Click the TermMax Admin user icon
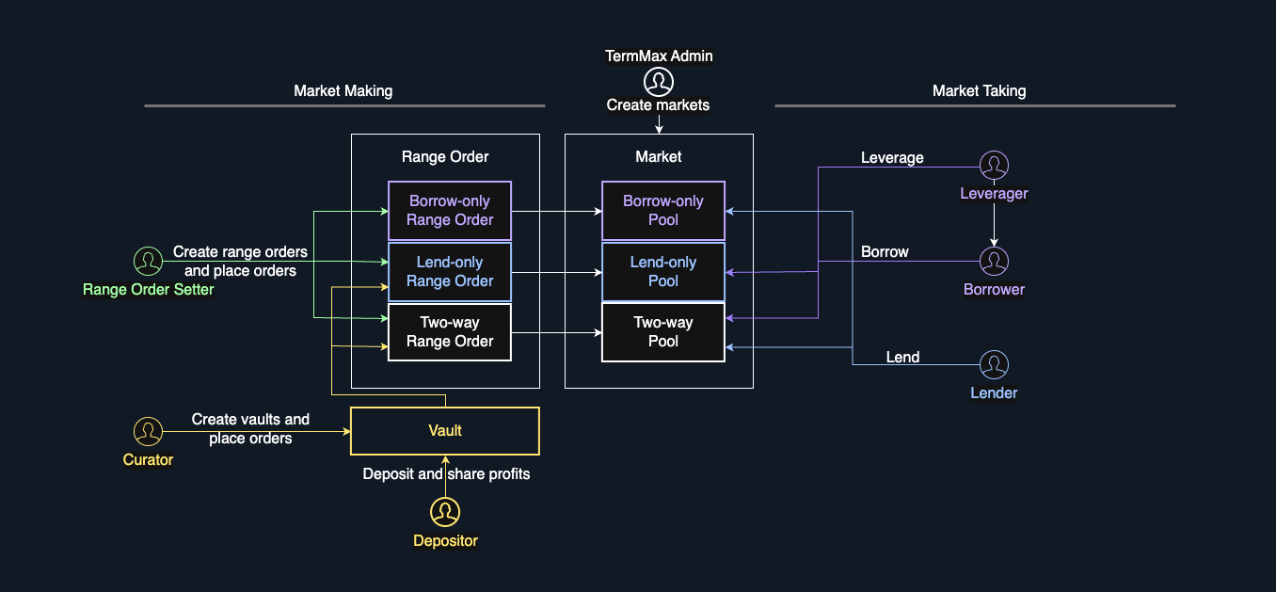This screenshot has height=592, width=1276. tap(659, 81)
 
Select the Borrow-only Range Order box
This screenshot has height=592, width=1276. tap(450, 211)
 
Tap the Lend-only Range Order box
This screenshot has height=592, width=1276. tap(450, 272)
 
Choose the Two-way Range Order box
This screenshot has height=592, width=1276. tap(450, 332)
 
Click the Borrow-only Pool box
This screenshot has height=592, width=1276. tap(663, 211)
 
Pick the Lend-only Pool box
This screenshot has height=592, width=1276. tap(663, 272)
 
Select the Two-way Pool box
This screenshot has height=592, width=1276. tap(663, 332)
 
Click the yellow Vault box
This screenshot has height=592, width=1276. tap(445, 431)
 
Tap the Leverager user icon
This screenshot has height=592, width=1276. tap(994, 167)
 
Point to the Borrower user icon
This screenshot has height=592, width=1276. tap(994, 262)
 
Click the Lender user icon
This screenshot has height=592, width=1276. tap(994, 365)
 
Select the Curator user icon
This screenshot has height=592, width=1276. tap(148, 432)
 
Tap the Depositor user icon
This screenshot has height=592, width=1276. tap(445, 513)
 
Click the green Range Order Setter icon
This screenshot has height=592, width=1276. tap(148, 262)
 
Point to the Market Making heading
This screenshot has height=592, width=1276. tap(343, 91)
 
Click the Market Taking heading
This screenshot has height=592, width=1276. tap(979, 91)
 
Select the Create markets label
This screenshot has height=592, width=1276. tap(658, 105)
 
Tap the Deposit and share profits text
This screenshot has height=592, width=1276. tap(446, 474)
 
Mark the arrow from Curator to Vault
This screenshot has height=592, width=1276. tap(254, 432)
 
